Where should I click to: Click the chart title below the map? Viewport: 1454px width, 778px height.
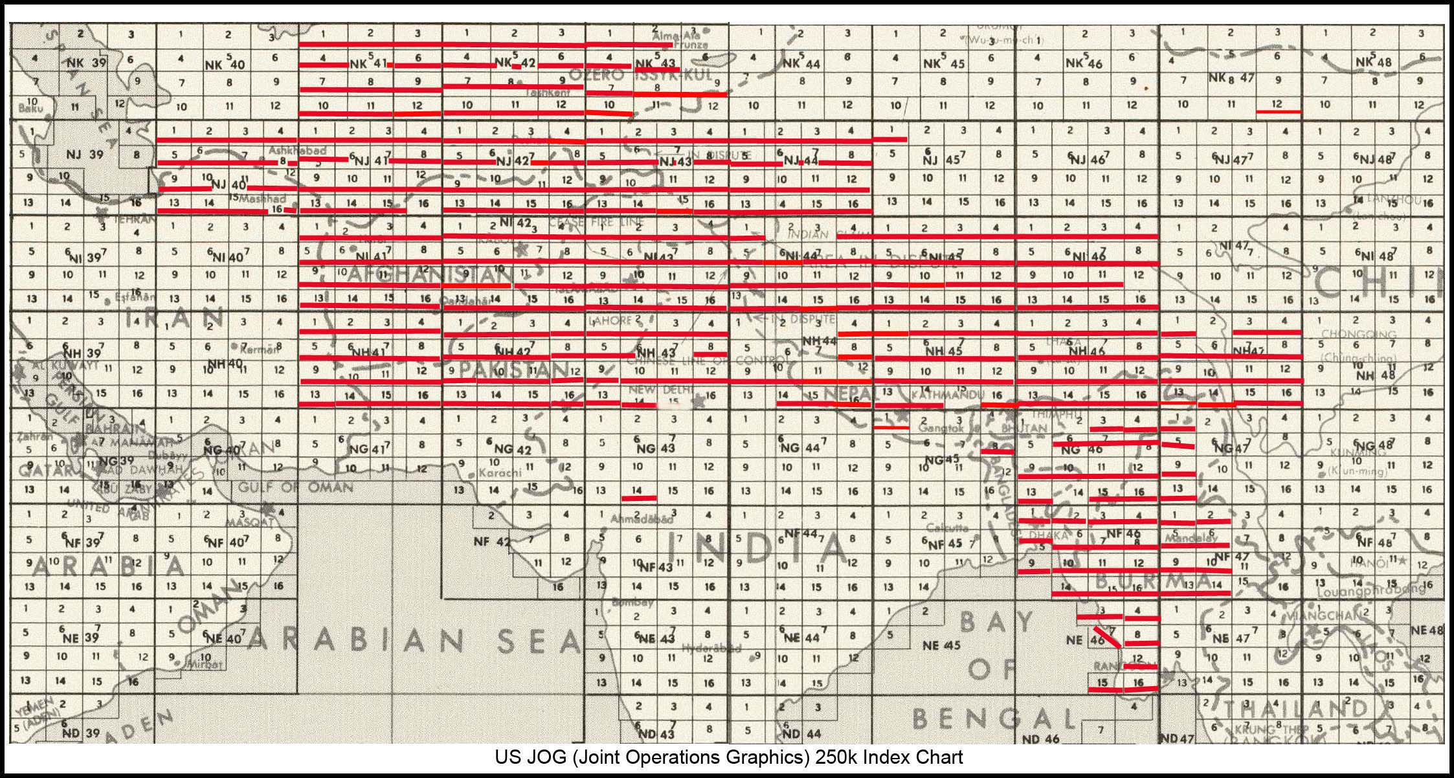click(x=728, y=757)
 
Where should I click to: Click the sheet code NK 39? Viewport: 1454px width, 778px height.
click(x=87, y=63)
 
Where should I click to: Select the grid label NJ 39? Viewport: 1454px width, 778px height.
click(x=85, y=154)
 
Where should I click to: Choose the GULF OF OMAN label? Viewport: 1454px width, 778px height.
click(x=295, y=487)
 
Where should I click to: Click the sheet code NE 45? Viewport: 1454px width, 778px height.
click(x=941, y=645)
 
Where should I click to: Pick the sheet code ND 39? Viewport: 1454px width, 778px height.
click(x=81, y=733)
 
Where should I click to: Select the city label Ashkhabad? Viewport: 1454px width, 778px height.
click(x=298, y=150)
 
